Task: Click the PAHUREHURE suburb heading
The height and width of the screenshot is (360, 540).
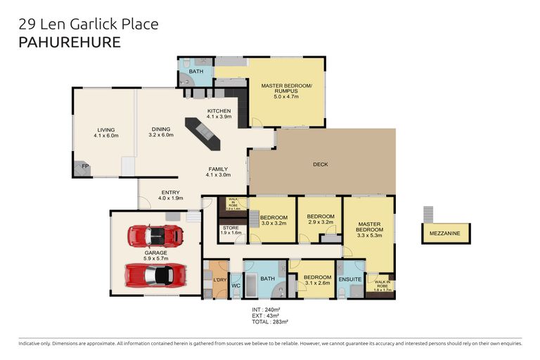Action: (68, 41)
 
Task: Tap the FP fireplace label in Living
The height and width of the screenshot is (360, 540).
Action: (84, 167)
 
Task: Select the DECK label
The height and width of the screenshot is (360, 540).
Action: (321, 165)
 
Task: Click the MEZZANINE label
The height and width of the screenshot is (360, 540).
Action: (446, 233)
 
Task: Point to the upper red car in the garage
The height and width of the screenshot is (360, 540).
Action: (155, 235)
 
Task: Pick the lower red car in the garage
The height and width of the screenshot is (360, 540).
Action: (155, 274)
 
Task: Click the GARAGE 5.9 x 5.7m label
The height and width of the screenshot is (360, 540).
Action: (155, 255)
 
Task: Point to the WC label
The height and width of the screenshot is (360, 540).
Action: (236, 286)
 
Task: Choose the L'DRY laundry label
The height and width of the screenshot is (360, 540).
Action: (219, 281)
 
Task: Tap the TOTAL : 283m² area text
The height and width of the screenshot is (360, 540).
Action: (270, 321)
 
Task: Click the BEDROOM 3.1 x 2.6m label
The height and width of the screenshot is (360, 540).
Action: (317, 281)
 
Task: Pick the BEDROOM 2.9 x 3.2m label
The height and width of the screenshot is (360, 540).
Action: (319, 219)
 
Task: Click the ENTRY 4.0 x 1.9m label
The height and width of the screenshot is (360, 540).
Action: (171, 195)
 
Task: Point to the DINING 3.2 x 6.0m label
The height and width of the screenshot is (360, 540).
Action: (161, 132)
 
